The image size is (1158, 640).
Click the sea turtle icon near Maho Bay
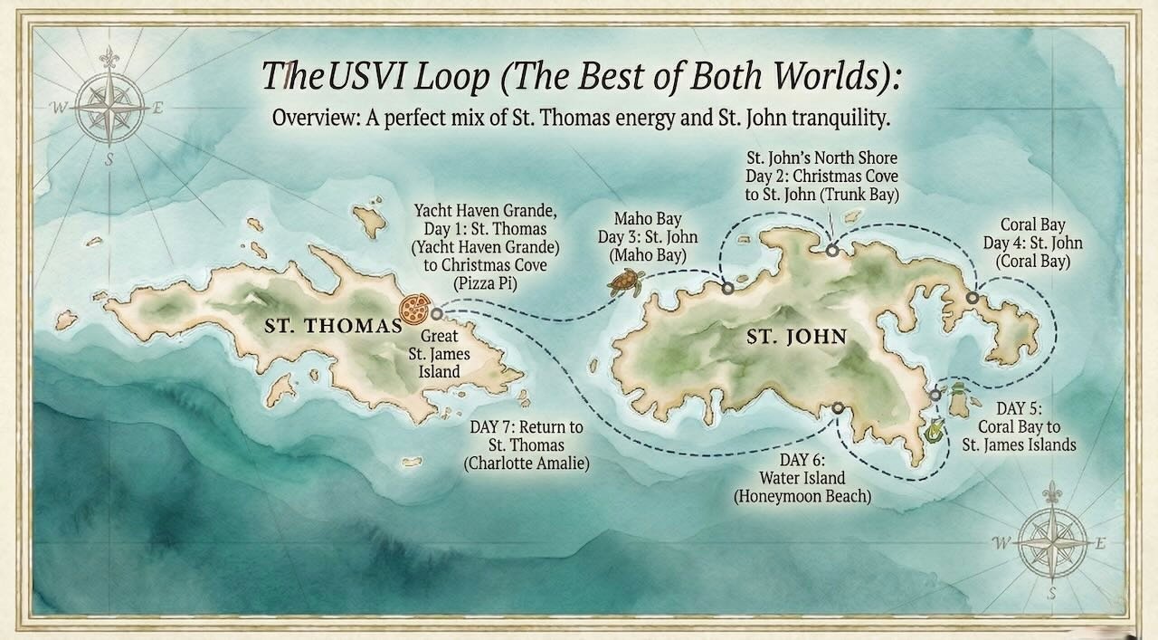click(625, 282)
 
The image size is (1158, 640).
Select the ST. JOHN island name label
click(796, 338)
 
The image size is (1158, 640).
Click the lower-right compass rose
click(1051, 543)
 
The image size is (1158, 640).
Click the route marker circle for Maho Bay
click(728, 289)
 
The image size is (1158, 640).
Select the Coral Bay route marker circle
click(972, 298)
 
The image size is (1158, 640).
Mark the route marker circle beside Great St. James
click(437, 314)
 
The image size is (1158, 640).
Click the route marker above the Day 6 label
click(839, 408)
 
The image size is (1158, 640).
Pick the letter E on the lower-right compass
click(1100, 544)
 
